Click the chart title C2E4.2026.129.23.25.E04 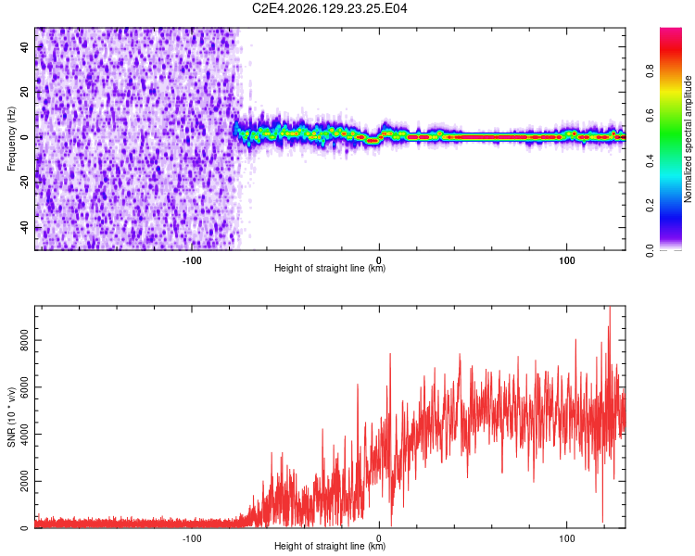[x=329, y=8]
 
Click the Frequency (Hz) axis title [x=11, y=139]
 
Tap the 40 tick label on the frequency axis [x=25, y=47]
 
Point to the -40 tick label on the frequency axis [x=25, y=226]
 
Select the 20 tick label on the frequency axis [x=25, y=92]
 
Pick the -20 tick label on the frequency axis [x=25, y=181]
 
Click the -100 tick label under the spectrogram [x=192, y=260]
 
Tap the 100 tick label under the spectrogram [x=566, y=260]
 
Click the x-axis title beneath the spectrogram [x=330, y=268]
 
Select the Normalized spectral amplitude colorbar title [x=688, y=139]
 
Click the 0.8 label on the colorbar [x=650, y=71]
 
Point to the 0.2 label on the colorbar [x=650, y=206]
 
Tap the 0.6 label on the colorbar [x=650, y=116]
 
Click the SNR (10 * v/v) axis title [x=11, y=417]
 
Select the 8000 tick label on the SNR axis [x=25, y=340]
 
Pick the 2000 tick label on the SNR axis [x=25, y=481]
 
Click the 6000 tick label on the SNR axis [x=25, y=387]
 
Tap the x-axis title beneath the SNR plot [x=330, y=546]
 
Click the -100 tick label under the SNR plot [x=192, y=538]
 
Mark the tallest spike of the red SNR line [x=610, y=308]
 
